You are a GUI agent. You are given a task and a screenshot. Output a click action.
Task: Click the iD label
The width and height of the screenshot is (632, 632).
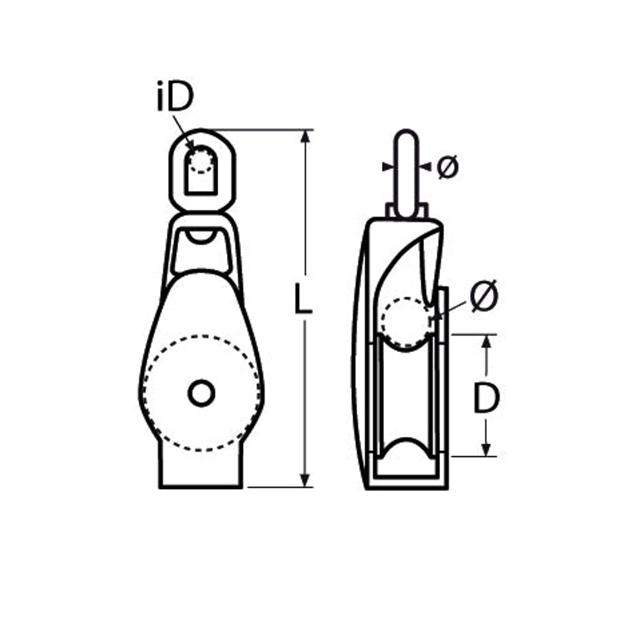(x=175, y=97)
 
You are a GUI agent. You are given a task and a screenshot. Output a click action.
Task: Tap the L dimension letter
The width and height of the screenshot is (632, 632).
(x=303, y=298)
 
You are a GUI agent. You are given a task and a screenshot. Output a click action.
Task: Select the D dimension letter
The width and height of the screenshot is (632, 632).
(x=486, y=398)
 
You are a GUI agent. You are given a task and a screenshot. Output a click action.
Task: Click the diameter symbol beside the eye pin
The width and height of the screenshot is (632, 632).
(x=448, y=166)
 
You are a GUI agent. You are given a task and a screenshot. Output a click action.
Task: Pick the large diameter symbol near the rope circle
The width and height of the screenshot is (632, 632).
(x=484, y=295)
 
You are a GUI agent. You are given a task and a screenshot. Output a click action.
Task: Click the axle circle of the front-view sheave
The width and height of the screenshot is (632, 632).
(x=201, y=393)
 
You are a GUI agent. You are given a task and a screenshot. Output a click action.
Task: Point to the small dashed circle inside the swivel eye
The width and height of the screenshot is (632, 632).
(x=201, y=160)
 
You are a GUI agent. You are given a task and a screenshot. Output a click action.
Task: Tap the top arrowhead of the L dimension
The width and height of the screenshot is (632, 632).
(x=305, y=136)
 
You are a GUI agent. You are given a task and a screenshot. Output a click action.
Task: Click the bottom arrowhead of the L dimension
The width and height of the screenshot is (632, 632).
(x=305, y=480)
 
